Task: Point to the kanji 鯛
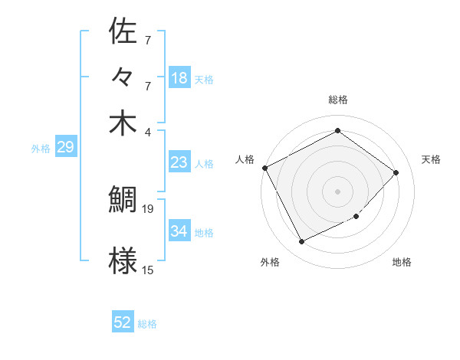[x=123, y=200]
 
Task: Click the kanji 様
[x=123, y=260]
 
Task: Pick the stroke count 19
[x=149, y=208]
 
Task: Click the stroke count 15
[x=148, y=270]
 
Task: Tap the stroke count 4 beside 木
[x=148, y=131]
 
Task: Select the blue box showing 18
[x=179, y=78]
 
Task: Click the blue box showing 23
[x=179, y=162]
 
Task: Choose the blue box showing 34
[x=179, y=231]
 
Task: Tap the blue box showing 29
[x=65, y=147]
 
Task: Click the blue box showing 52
[x=123, y=323]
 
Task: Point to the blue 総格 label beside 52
[x=147, y=324]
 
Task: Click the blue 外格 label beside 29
[x=40, y=149]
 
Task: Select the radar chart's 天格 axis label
[x=432, y=159]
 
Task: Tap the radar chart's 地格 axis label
[x=402, y=262]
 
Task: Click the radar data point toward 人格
[x=264, y=168]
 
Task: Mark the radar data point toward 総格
[x=337, y=131]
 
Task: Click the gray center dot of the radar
[x=337, y=191]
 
